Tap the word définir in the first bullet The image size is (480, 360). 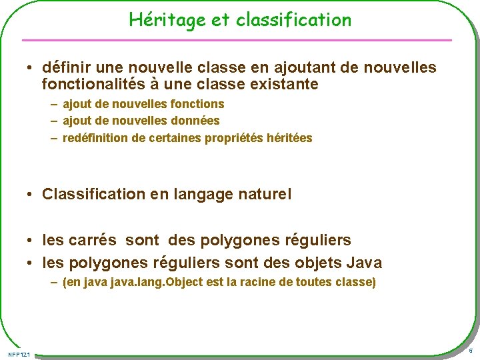(64, 67)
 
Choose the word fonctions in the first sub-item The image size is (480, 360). (198, 104)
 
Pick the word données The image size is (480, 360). (196, 121)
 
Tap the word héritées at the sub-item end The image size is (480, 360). (289, 138)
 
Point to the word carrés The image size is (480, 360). (93, 240)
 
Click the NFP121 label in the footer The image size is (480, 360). (19, 353)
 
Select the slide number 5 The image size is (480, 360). (471, 351)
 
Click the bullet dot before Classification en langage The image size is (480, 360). (31, 195)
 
